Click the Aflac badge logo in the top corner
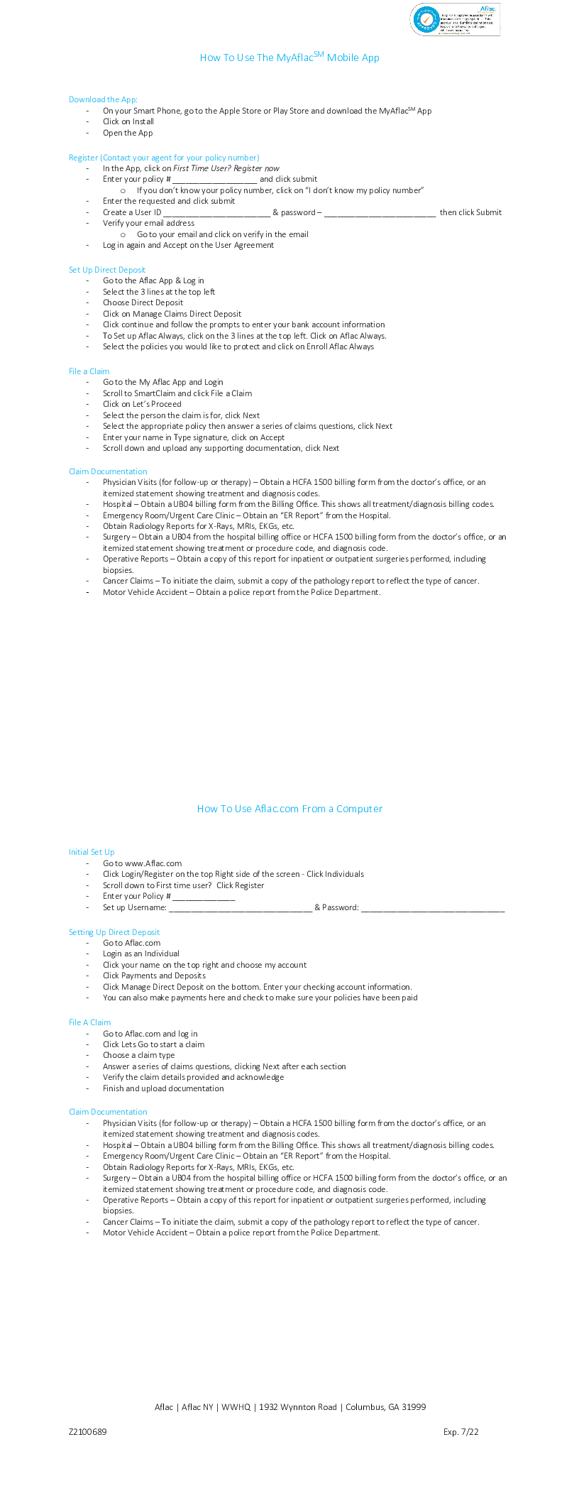point(455,19)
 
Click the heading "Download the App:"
point(103,99)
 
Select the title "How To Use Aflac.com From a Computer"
point(289,809)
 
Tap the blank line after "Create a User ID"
point(217,213)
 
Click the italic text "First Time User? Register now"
point(226,168)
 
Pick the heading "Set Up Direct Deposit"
point(107,270)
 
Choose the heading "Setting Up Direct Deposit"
point(114,932)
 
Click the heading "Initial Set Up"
point(92,852)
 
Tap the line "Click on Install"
point(128,121)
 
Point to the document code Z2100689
point(88,1431)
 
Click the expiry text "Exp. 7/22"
point(461,1431)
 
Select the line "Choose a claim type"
point(139,1055)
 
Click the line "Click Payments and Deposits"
point(154,975)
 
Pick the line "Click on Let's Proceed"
point(142,404)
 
